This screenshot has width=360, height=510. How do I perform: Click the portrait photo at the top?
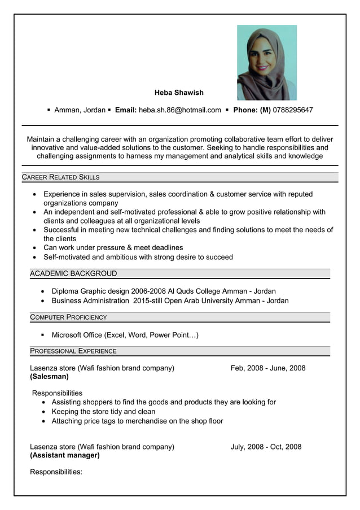point(266,62)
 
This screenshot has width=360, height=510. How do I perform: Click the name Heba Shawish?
point(179,93)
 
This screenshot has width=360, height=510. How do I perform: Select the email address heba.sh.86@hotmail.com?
point(180,110)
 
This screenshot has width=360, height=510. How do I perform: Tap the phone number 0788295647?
point(292,110)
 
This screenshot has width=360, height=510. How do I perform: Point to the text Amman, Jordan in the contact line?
point(80,110)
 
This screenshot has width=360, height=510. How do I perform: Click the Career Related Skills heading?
point(60,177)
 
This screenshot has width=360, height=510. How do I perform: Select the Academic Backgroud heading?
point(73,274)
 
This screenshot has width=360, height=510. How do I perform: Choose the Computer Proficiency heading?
point(68,317)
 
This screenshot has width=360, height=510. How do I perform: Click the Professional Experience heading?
point(73,351)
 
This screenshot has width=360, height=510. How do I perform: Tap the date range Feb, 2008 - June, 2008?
point(268,368)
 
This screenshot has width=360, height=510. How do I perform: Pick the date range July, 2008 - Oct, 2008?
point(266,447)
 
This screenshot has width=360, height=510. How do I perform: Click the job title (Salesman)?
point(49,377)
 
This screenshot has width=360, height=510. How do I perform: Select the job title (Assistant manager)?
point(64,455)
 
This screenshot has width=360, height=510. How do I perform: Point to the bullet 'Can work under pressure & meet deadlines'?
point(113,248)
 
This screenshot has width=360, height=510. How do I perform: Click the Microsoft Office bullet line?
point(125,335)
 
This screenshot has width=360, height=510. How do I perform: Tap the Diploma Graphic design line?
point(164,291)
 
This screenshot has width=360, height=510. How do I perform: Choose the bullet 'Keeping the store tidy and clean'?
point(103,412)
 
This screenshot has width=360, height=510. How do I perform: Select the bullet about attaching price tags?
point(137,421)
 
